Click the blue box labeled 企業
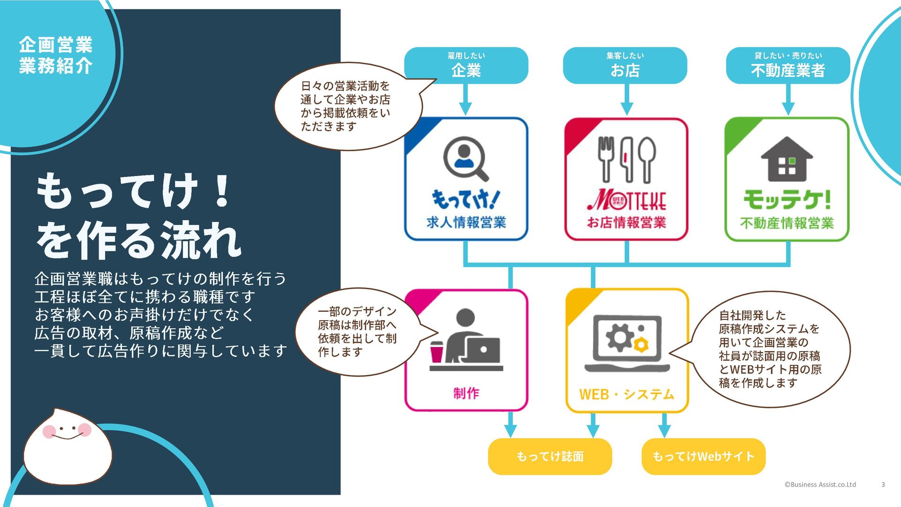tap(466, 66)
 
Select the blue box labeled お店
tap(625, 66)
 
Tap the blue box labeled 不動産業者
tap(787, 66)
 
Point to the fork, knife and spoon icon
tap(626, 160)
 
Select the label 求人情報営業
tap(466, 223)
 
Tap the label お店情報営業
tap(626, 223)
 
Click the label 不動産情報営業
tap(787, 223)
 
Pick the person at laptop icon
tap(466, 339)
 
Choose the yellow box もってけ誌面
tap(550, 456)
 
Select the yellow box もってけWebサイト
tap(703, 456)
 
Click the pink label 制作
tap(466, 393)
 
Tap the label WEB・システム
tap(626, 394)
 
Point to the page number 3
tap(883, 484)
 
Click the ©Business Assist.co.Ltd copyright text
tap(820, 484)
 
